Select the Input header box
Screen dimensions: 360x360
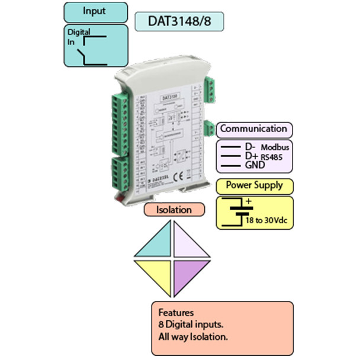click(95, 12)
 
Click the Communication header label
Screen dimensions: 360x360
click(253, 128)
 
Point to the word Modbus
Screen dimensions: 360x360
click(274, 146)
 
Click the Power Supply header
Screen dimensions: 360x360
click(253, 185)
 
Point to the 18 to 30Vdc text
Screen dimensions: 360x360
click(266, 221)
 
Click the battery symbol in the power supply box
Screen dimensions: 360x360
click(235, 211)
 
